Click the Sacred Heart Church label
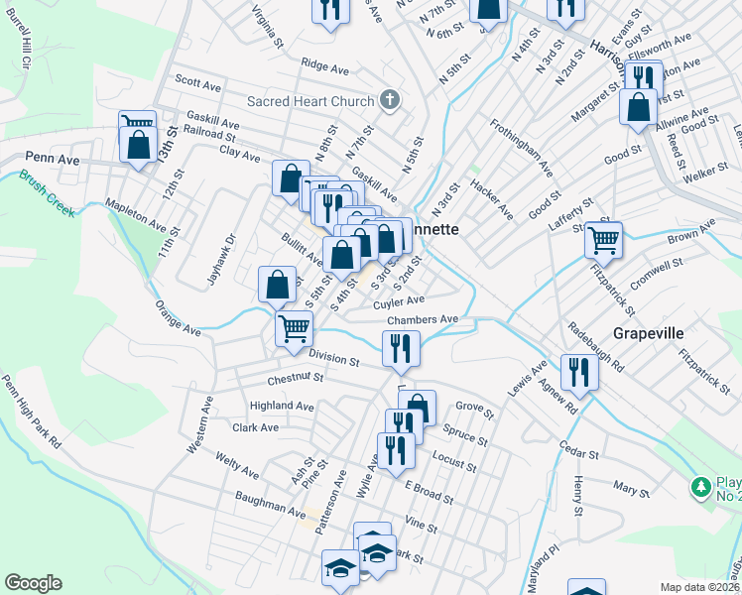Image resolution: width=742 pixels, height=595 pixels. pos(310,101)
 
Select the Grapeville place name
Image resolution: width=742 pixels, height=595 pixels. pos(649,333)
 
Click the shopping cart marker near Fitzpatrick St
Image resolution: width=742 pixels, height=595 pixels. pos(603,239)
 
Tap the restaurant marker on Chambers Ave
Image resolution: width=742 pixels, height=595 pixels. pos(402,347)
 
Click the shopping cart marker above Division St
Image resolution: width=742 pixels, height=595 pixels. pos(294,327)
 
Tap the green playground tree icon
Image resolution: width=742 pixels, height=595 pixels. pos(701,487)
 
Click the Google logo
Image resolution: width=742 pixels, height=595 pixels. pos(33,584)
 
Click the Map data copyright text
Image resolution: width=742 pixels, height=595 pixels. pos(700,586)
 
